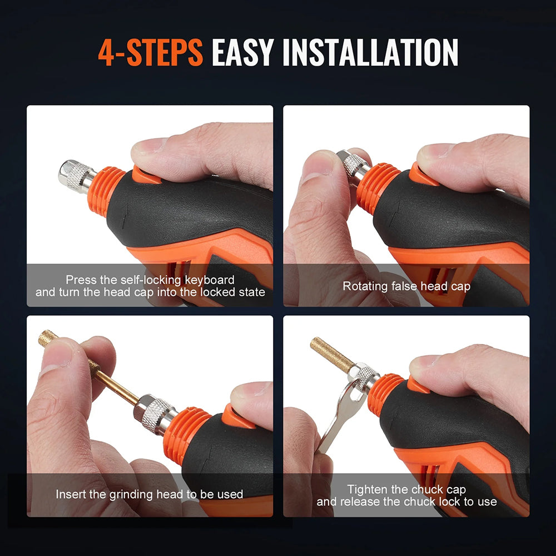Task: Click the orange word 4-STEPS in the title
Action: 150,53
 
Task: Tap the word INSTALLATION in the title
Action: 370,53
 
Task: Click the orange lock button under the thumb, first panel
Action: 146,174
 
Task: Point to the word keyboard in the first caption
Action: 209,280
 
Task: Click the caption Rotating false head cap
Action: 406,286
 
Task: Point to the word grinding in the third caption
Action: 138,494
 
